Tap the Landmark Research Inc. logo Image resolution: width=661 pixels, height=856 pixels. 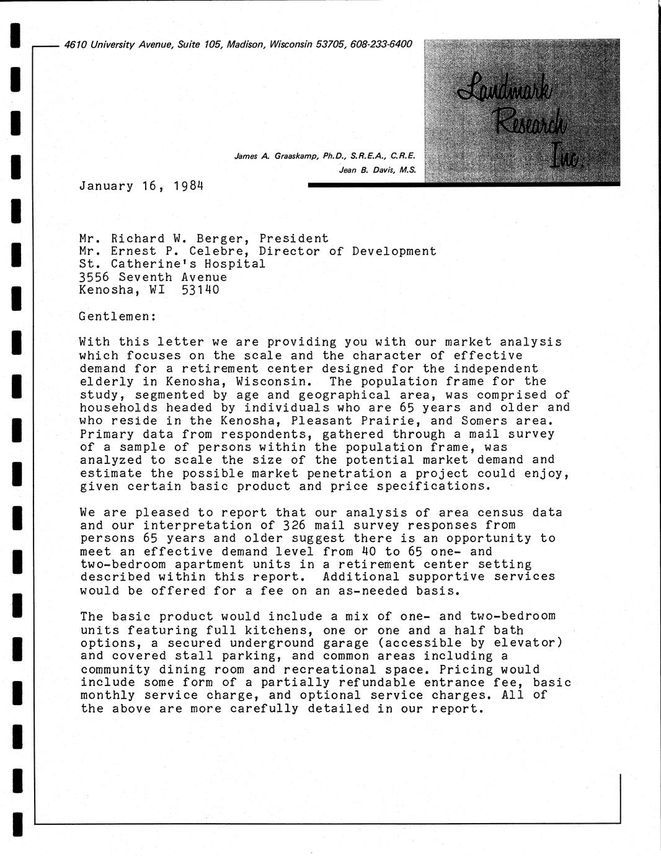522,110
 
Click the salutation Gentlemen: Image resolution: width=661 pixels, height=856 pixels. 118,316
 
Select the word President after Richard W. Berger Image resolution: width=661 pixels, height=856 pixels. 294,238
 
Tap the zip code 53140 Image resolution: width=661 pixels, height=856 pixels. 200,290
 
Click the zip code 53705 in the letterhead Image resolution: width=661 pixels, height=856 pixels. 331,44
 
